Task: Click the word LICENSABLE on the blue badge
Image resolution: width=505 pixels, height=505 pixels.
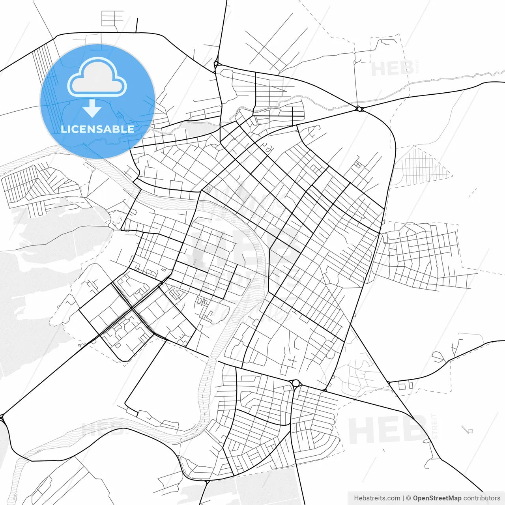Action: [x=97, y=129]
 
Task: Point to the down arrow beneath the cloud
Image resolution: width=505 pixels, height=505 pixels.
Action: [x=92, y=109]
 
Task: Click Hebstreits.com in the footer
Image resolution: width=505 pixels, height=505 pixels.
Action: [x=377, y=498]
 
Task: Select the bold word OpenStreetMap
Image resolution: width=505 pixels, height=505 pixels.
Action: [x=437, y=498]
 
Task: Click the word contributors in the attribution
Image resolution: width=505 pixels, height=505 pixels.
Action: [x=482, y=498]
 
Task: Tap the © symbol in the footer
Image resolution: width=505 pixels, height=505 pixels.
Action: [x=409, y=498]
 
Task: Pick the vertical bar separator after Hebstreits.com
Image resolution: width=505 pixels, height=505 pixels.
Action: [x=403, y=498]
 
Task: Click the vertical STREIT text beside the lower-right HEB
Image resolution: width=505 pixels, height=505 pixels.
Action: [x=435, y=426]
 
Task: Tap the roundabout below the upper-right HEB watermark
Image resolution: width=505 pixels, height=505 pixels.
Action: [x=359, y=108]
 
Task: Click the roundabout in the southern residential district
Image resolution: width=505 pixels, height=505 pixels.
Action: [x=295, y=383]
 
